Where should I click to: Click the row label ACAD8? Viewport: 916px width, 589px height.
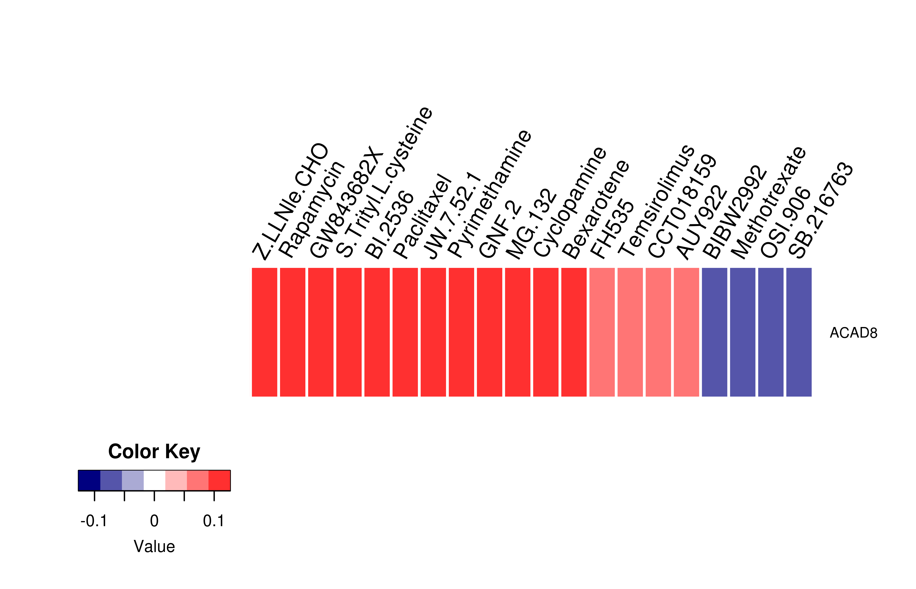(853, 333)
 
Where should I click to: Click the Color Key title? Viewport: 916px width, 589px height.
(154, 452)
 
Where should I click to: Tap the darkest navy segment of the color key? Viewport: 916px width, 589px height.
(89, 480)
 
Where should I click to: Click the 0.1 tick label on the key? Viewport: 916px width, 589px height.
(214, 521)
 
